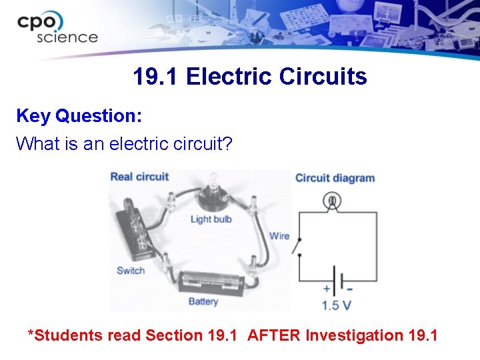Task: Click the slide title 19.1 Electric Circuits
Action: pos(249,77)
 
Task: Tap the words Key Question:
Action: pos(79,116)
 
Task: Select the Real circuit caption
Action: pos(139,177)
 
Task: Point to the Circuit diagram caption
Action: pos(335,178)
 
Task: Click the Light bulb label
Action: pos(211,219)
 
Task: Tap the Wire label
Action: pos(279,235)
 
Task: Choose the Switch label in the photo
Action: pos(131,271)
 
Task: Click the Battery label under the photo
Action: pos(203,301)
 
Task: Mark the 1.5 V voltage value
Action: pos(337,306)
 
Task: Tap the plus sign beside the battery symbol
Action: pos(327,289)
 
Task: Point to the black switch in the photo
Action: pos(131,230)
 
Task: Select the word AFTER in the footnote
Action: pos(274,335)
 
